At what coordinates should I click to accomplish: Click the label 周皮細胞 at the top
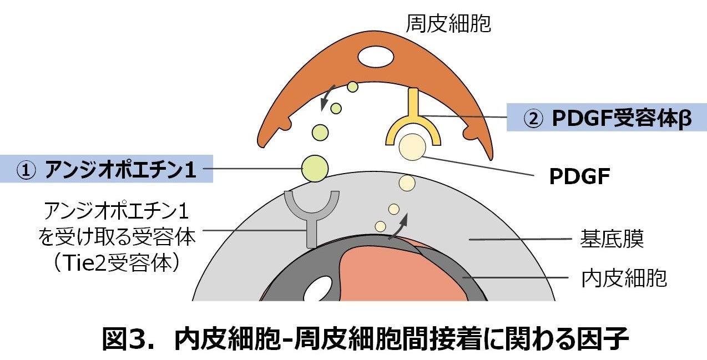tap(448, 24)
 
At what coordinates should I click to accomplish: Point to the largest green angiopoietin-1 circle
tap(315, 168)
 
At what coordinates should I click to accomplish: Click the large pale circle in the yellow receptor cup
tap(412, 148)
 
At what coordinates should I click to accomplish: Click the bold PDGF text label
tap(579, 178)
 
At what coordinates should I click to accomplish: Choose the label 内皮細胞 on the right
tap(624, 278)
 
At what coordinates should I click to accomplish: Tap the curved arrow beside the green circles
tap(326, 99)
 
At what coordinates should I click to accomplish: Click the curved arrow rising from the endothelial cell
tap(400, 226)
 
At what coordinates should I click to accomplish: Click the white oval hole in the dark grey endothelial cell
tap(320, 288)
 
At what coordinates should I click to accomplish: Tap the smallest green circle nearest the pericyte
tap(352, 87)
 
